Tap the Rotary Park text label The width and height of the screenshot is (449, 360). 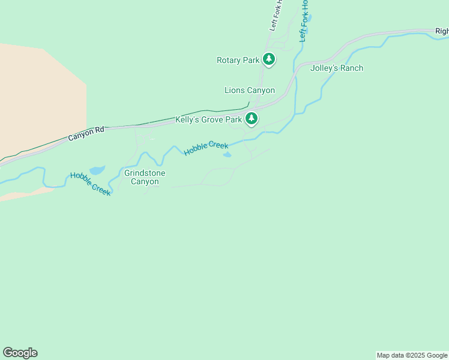coord(238,60)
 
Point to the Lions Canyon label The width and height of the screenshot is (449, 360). coord(249,91)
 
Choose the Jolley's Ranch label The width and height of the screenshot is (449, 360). coord(336,68)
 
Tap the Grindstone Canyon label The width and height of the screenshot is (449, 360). coord(145,177)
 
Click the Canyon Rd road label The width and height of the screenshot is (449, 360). coord(86,133)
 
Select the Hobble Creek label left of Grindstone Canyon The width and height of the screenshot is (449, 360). coord(91,184)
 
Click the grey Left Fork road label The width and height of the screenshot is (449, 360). coord(276,16)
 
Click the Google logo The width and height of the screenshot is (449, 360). coord(20,353)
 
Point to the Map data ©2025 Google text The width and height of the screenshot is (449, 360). coord(412,355)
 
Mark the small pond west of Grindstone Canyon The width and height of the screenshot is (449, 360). coord(97,170)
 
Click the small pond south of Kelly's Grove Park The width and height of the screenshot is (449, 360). coord(228,155)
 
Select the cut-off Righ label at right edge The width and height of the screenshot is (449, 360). coord(442,31)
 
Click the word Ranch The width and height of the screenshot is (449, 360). coord(351,68)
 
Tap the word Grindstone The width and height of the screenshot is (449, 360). coord(145,173)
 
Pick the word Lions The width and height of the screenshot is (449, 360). coord(234,91)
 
